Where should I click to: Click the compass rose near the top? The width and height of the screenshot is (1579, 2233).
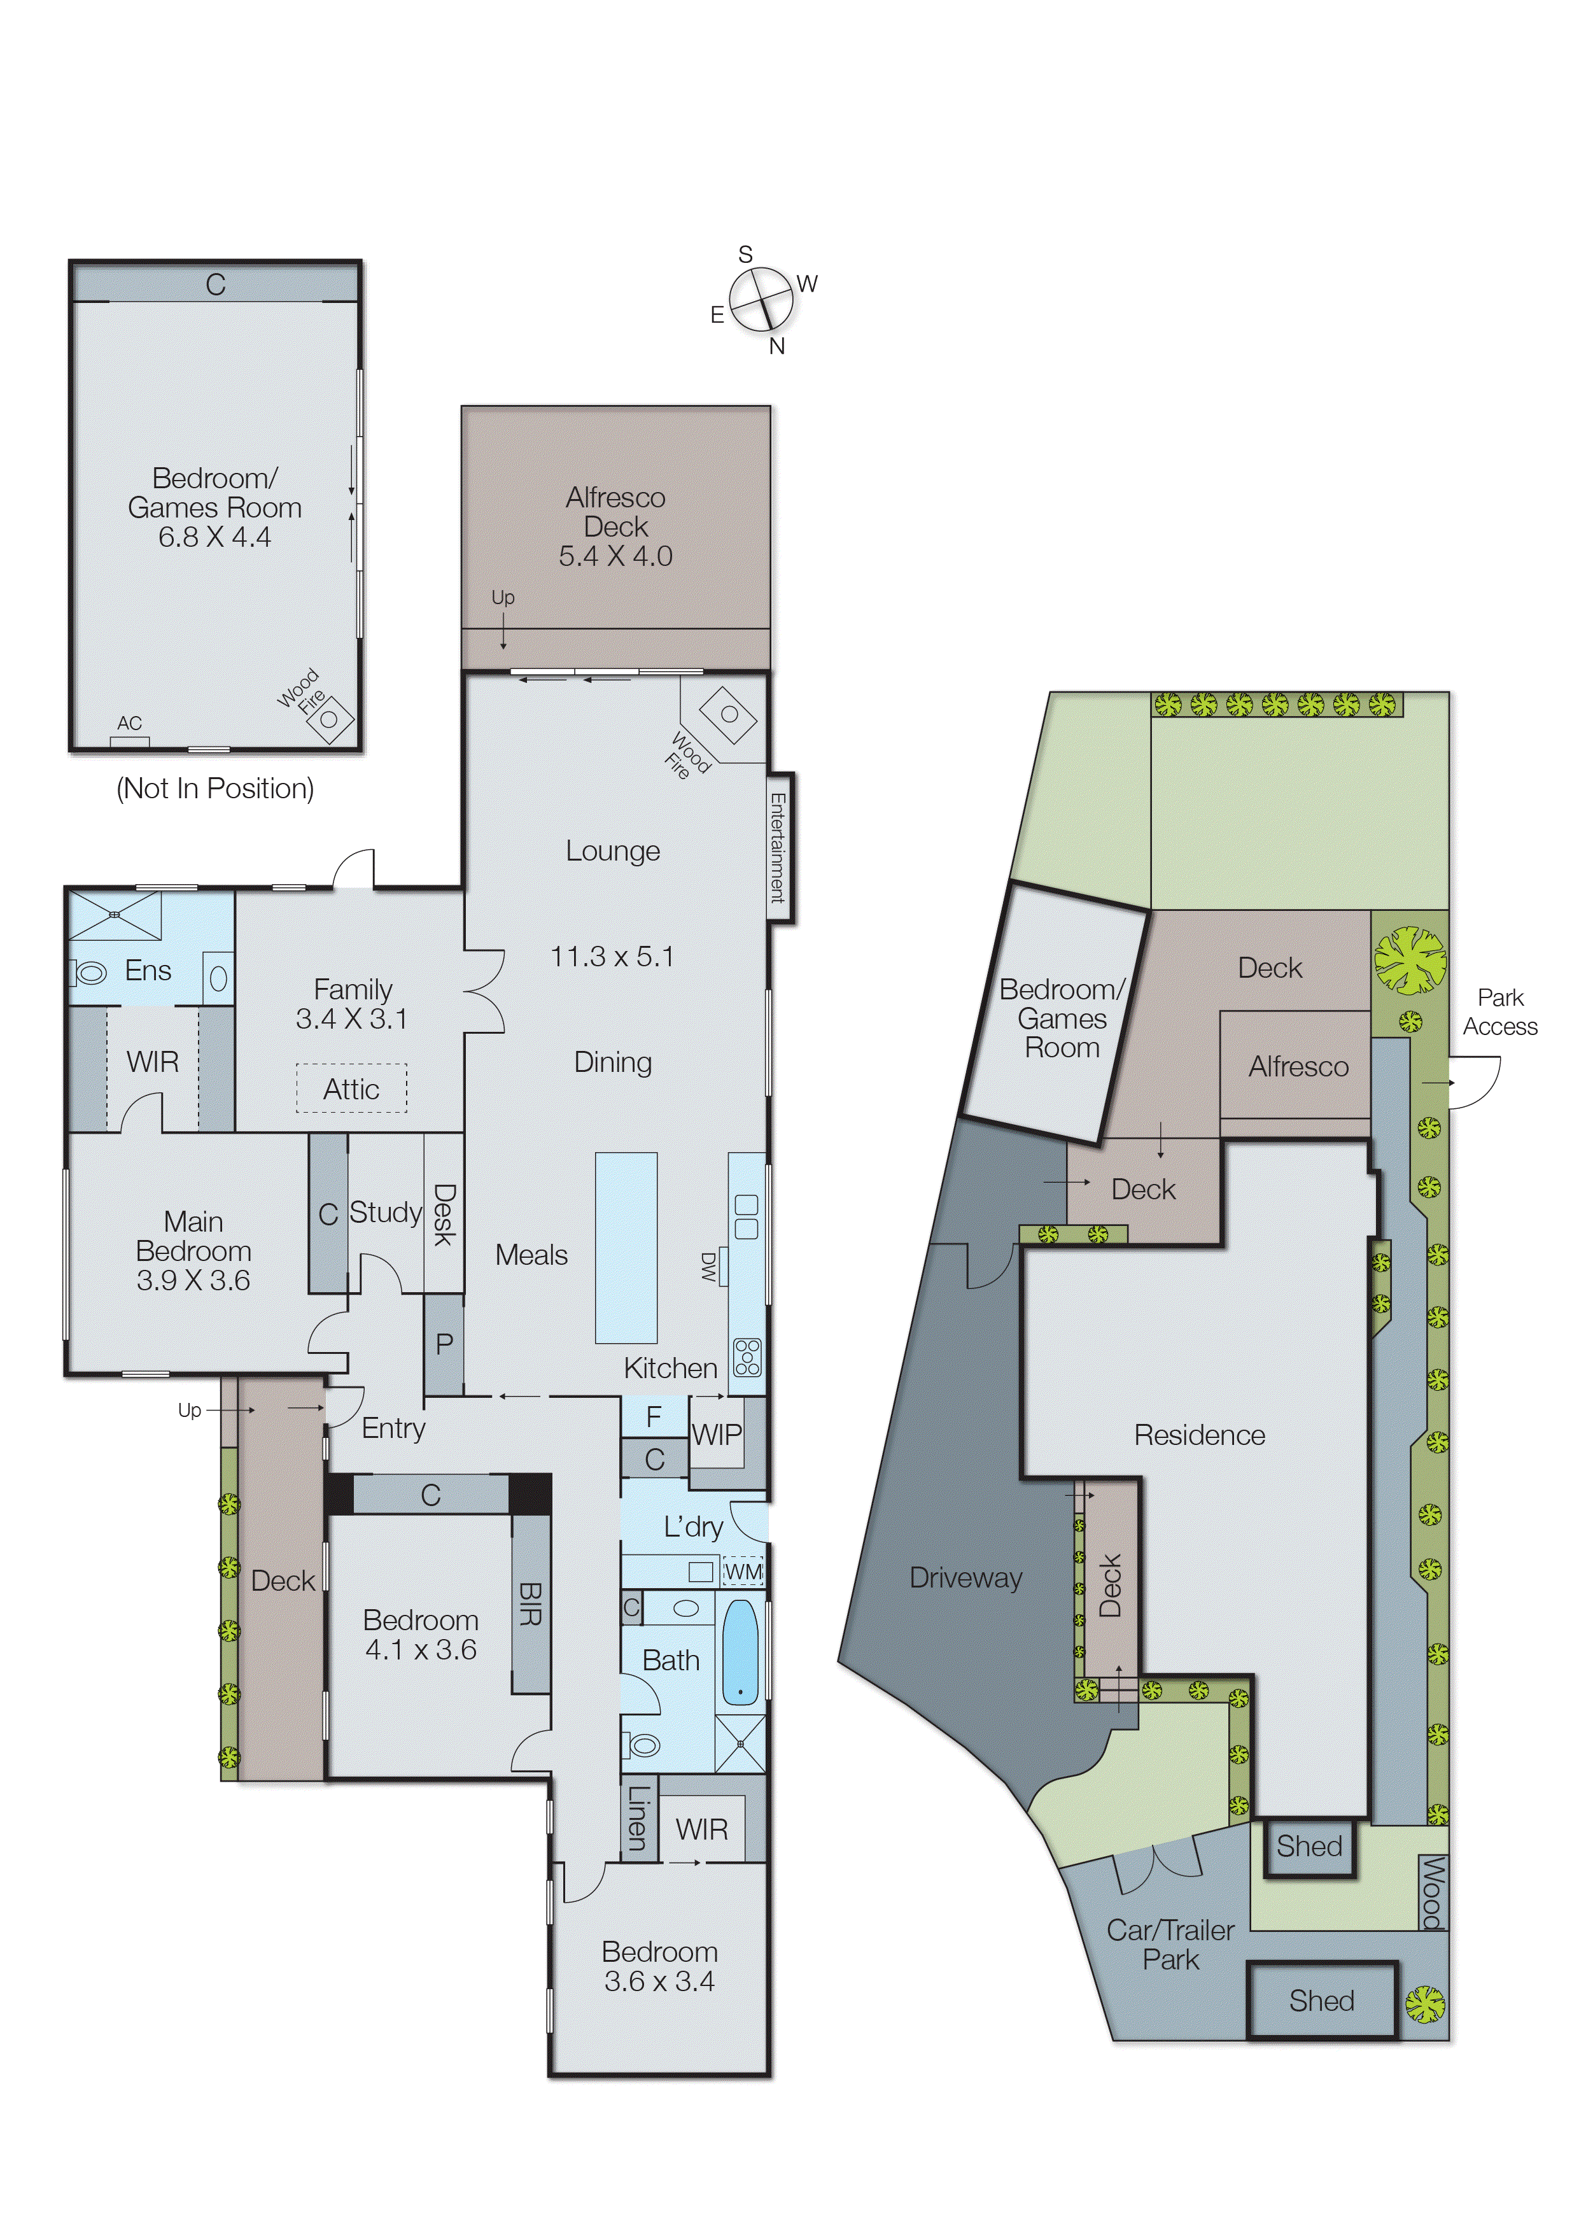tap(762, 300)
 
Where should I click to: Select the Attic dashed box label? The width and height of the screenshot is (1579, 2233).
tap(351, 1089)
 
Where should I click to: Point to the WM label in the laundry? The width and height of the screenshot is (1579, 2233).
tap(743, 1572)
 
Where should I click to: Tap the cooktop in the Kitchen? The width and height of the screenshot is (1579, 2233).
tap(747, 1356)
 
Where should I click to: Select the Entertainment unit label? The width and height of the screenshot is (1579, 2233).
tap(778, 847)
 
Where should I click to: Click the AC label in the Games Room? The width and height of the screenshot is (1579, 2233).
tap(129, 724)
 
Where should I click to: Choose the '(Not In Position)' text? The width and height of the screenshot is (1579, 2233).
tap(215, 788)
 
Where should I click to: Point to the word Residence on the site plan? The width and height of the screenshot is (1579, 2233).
tap(1199, 1435)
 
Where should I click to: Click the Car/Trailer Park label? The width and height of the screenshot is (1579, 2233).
tap(1170, 1945)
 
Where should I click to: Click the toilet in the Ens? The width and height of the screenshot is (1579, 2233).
tap(90, 973)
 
